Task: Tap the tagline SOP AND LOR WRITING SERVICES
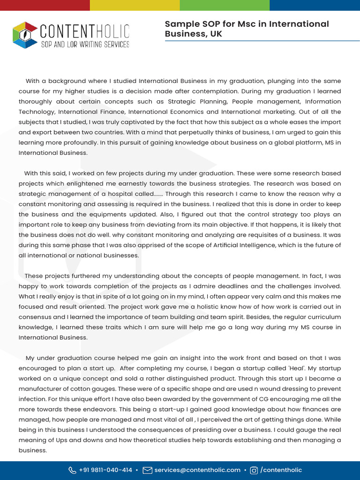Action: click(85, 45)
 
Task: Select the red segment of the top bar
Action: click(45, 5)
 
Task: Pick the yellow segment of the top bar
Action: click(135, 5)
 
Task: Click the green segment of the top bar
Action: click(225, 5)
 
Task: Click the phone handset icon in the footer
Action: click(72, 470)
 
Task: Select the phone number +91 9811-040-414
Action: click(105, 470)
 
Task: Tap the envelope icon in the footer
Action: click(147, 470)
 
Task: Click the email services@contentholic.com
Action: click(197, 470)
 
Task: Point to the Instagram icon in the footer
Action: click(254, 470)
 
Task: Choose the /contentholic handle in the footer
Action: click(281, 470)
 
